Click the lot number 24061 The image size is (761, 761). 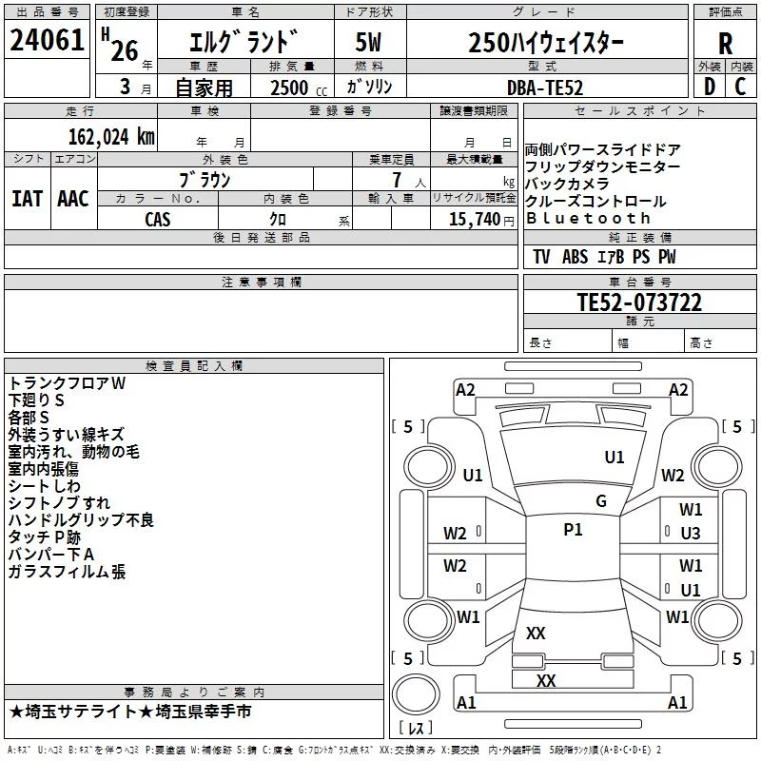pyautogui.click(x=47, y=40)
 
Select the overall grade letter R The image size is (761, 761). pyautogui.click(x=725, y=44)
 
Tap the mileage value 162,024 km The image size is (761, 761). pyautogui.click(x=111, y=137)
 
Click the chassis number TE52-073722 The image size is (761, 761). pyautogui.click(x=639, y=302)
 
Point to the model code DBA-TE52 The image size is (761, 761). pyautogui.click(x=544, y=88)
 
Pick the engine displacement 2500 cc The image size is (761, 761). pyautogui.click(x=299, y=88)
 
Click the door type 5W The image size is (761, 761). pyautogui.click(x=368, y=42)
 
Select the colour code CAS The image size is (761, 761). pyautogui.click(x=158, y=220)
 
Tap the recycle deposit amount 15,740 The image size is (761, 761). pyautogui.click(x=474, y=220)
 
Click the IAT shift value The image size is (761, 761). pyautogui.click(x=28, y=199)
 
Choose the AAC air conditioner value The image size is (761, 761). pyautogui.click(x=73, y=199)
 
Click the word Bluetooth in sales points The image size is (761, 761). pyautogui.click(x=588, y=219)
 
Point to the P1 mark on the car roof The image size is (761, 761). pyautogui.click(x=573, y=530)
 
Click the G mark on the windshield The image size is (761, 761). pyautogui.click(x=601, y=501)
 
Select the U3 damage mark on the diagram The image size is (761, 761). pyautogui.click(x=691, y=534)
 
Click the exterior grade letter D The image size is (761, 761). pyautogui.click(x=710, y=87)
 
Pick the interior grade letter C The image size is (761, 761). pyautogui.click(x=740, y=87)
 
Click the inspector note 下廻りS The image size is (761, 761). pyautogui.click(x=36, y=400)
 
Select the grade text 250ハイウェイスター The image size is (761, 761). pyautogui.click(x=546, y=42)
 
